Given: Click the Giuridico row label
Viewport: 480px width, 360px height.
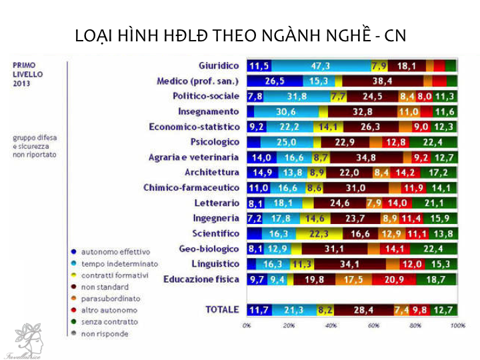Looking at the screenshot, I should pyautogui.click(x=219, y=66).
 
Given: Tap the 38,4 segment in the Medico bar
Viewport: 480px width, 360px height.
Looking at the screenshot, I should pyautogui.click(x=382, y=81).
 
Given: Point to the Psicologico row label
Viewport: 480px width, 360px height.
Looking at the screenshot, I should pyautogui.click(x=215, y=142).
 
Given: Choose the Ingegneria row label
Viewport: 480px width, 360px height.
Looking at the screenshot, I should pyautogui.click(x=216, y=218).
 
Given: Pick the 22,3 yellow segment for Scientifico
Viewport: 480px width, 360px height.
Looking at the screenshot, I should pyautogui.click(x=320, y=233).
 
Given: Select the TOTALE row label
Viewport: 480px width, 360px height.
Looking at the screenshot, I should pyautogui.click(x=222, y=309).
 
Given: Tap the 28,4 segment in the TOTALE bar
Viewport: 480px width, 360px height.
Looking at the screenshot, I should pyautogui.click(x=364, y=309).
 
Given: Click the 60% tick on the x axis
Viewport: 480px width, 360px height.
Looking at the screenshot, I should pyautogui.click(x=374, y=326).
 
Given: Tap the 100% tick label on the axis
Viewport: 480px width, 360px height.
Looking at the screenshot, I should pyautogui.click(x=458, y=326).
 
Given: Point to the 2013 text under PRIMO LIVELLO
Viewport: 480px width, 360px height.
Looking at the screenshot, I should pyautogui.click(x=22, y=84).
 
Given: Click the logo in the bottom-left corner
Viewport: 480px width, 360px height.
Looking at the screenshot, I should pyautogui.click(x=23, y=340).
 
